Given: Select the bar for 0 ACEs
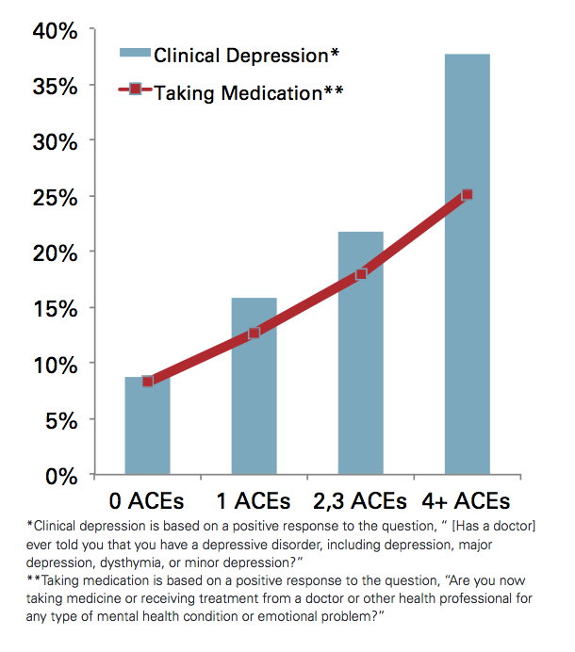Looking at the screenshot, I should pos(148,433).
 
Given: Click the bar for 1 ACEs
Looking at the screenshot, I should pos(255,396).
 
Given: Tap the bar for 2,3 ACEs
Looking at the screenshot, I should pos(361,367).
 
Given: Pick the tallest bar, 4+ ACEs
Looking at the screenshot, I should pos(468,283).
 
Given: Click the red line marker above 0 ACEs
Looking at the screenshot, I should pos(148,381).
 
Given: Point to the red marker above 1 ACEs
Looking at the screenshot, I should pos(255,333).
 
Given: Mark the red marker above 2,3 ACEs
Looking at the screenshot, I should pos(361,274).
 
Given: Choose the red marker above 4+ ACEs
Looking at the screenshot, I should pos(468,195).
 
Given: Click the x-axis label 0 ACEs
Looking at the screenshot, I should pos(147,499).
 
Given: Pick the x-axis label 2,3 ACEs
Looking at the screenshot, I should pos(362,499).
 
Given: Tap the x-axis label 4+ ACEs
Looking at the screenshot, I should pos(467,499).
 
